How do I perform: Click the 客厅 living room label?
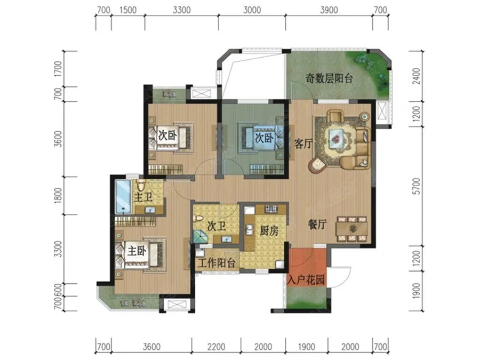click(303, 143)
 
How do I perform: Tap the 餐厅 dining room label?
click(317, 225)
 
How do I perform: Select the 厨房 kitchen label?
click(269, 231)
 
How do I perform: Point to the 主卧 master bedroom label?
click(137, 251)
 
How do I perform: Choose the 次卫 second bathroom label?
click(217, 226)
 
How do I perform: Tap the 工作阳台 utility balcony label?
click(217, 262)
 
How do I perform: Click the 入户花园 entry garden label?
click(306, 279)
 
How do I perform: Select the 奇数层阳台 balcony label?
click(329, 79)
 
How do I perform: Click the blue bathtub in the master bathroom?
click(123, 197)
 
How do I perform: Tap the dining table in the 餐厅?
click(352, 229)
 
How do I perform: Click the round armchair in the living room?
click(317, 165)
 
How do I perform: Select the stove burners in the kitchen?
click(271, 209)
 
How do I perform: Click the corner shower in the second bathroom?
click(200, 236)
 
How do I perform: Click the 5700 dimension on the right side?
click(417, 187)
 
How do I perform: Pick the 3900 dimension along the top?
click(329, 10)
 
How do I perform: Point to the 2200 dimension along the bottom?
click(216, 347)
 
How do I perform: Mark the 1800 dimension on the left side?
click(58, 195)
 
